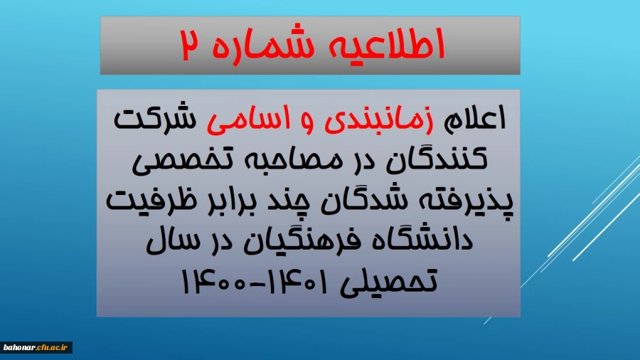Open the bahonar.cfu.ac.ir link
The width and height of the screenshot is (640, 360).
coord(36,347)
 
